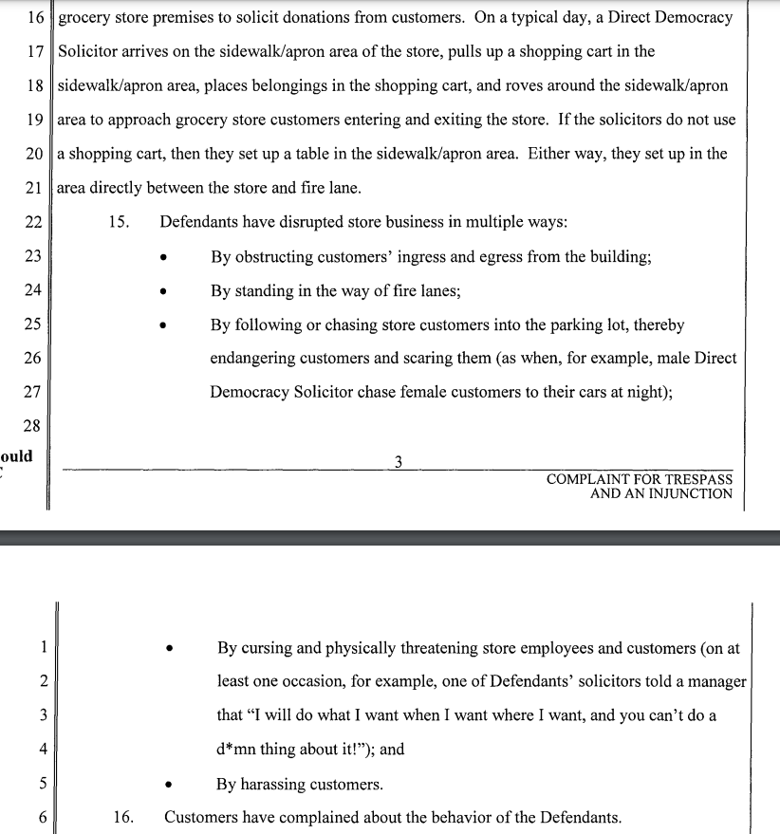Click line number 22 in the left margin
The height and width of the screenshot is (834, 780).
pos(32,223)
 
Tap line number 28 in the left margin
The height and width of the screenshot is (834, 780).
pos(32,426)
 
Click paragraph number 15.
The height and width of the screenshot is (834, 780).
pos(119,223)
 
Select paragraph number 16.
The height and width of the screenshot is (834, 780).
pos(123,817)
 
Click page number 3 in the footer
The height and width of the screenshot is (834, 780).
pos(398,463)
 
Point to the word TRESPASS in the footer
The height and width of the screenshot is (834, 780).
pos(697,479)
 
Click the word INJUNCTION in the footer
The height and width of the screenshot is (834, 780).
pos(687,493)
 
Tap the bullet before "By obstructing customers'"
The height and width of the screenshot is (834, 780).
pos(165,257)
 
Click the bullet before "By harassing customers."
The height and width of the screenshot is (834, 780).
pos(170,786)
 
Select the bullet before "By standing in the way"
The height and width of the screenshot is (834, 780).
pos(165,291)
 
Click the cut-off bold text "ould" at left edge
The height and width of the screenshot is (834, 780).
pos(16,456)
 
